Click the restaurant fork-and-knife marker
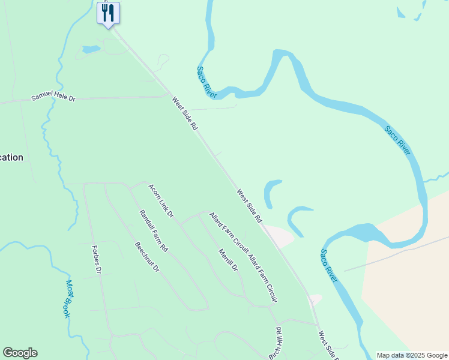click(108, 13)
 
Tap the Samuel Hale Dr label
click(55, 98)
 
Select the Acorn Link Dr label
click(161, 201)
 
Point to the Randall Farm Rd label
click(154, 230)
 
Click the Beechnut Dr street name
click(147, 257)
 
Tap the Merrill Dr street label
click(228, 260)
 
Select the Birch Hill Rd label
click(276, 343)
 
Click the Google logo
click(20, 353)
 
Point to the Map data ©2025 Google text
click(412, 355)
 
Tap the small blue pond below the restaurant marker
click(91, 49)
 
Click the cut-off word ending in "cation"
click(11, 157)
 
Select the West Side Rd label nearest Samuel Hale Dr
click(185, 114)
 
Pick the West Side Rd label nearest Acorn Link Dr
click(250, 207)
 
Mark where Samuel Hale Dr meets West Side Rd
click(169, 94)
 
